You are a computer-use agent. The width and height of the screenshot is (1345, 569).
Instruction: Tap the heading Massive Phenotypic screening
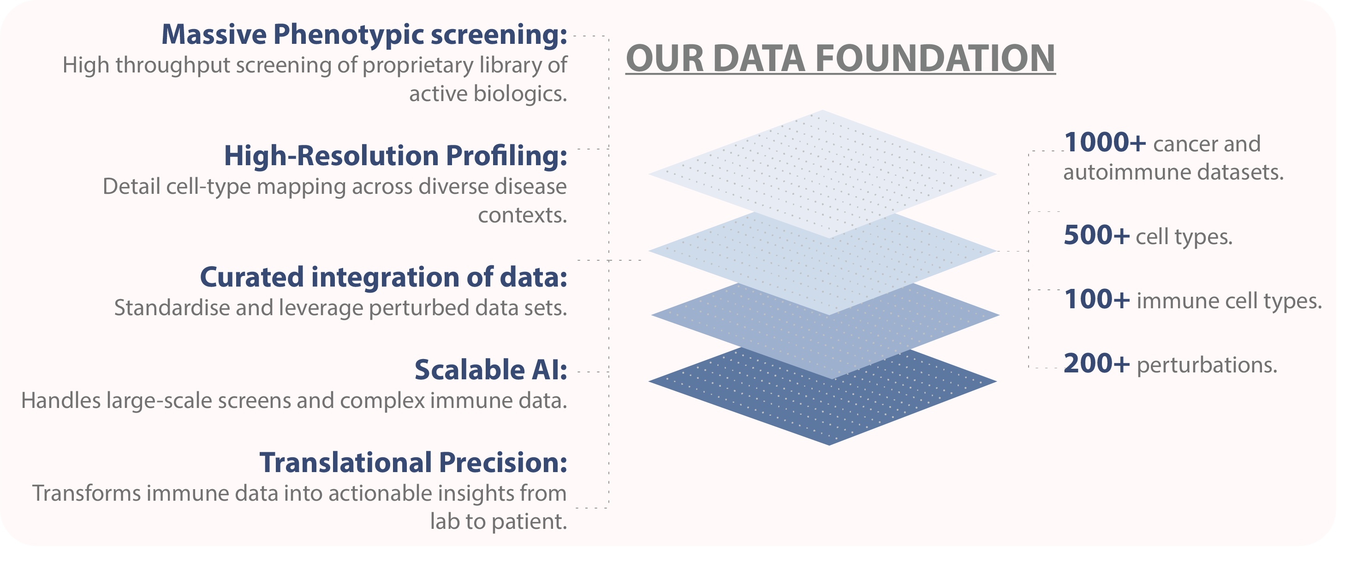364,35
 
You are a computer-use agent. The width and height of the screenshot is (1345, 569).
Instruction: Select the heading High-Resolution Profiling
395,156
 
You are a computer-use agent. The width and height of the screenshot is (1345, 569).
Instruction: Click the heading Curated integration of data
383,277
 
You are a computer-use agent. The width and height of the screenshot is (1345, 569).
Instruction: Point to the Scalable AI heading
491,370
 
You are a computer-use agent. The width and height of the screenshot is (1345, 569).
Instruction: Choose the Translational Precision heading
413,463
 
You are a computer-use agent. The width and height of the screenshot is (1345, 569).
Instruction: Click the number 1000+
1104,143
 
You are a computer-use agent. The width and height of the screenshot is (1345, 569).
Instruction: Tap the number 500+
1096,235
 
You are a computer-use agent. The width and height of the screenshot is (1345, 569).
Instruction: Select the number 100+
1096,300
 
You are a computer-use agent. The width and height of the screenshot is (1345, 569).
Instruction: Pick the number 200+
1096,364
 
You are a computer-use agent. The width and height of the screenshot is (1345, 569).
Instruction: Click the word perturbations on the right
1207,365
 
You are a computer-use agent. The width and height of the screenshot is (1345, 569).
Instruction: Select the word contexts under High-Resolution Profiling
522,215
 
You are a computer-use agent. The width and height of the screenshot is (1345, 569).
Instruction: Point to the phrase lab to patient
498,521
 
